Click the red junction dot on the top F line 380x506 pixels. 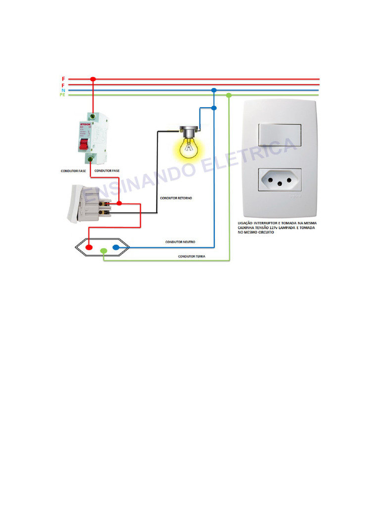tap(93, 79)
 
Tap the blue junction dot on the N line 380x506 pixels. tap(214, 90)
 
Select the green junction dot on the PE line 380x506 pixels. tap(229, 95)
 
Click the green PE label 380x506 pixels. tap(63, 95)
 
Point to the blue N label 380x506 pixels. tap(63, 90)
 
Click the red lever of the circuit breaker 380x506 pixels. tap(84, 144)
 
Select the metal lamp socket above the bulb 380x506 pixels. tap(188, 131)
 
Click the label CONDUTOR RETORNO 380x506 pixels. tap(176, 198)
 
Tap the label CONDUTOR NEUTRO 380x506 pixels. tap(180, 242)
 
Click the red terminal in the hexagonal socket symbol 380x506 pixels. tap(89, 248)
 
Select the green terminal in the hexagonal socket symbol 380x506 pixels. tap(103, 251)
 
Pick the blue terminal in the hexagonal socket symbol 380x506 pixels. tap(116, 248)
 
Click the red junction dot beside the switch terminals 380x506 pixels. tap(119, 203)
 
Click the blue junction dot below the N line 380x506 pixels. tap(214, 108)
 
